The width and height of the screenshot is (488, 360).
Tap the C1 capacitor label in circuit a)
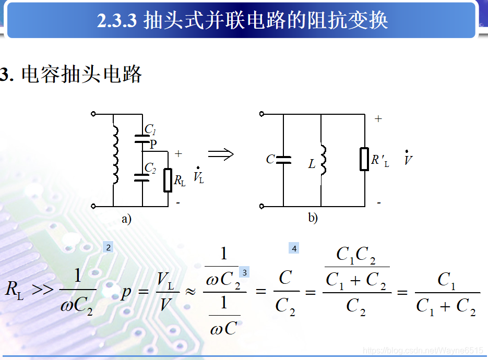(150, 129)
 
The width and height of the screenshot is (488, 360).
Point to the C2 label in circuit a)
(150, 168)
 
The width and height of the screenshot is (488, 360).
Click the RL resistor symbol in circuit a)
(168, 180)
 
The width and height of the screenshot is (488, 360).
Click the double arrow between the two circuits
(220, 154)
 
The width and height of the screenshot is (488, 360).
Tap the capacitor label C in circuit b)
(270, 159)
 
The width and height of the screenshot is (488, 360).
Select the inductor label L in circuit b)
(312, 164)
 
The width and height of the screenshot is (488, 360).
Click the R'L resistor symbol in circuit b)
(364, 159)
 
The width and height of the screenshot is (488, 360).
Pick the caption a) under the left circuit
(127, 219)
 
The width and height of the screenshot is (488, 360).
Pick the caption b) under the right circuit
(313, 218)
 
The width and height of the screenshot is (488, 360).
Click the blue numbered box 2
(108, 248)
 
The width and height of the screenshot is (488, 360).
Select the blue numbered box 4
(294, 249)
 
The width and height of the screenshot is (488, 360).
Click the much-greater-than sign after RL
(43, 290)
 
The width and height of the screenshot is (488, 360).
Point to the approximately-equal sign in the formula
(191, 292)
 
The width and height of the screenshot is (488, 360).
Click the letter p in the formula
(126, 292)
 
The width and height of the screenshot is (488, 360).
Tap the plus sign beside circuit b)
(378, 119)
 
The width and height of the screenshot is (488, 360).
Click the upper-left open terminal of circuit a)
(93, 113)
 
